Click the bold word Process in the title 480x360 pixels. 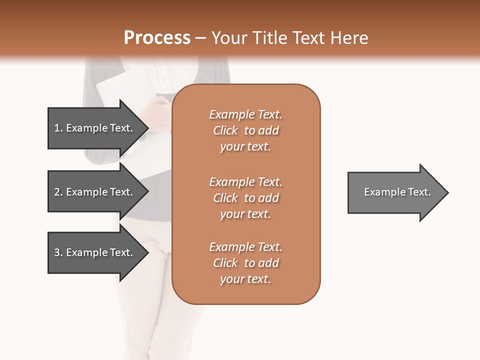pos(157,38)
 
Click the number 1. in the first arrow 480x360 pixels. pos(58,128)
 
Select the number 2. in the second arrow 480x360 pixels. pos(58,192)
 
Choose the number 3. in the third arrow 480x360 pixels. pos(58,252)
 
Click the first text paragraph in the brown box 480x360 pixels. pos(245,130)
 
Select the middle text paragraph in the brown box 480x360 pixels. pos(245,198)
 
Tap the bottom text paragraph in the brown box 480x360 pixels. pos(245,263)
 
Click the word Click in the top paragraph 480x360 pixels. pos(225,130)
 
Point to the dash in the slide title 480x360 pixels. pos(201,38)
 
